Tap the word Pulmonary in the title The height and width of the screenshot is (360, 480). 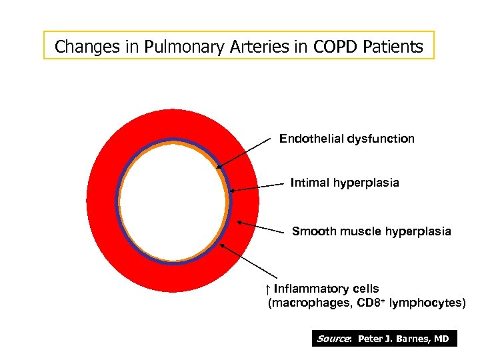(x=163, y=47)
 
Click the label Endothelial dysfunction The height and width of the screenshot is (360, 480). (x=347, y=139)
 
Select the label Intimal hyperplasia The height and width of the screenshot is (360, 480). (x=345, y=183)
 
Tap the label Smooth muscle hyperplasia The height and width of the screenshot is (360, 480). (x=371, y=231)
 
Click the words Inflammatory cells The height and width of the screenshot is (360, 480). (x=326, y=289)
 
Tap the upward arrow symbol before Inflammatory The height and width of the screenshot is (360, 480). (x=266, y=289)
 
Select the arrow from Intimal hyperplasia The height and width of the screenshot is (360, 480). (x=253, y=187)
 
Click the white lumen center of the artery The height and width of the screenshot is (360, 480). (x=173, y=200)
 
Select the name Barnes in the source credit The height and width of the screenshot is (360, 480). (x=414, y=339)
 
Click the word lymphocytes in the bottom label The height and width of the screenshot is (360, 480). (x=424, y=303)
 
